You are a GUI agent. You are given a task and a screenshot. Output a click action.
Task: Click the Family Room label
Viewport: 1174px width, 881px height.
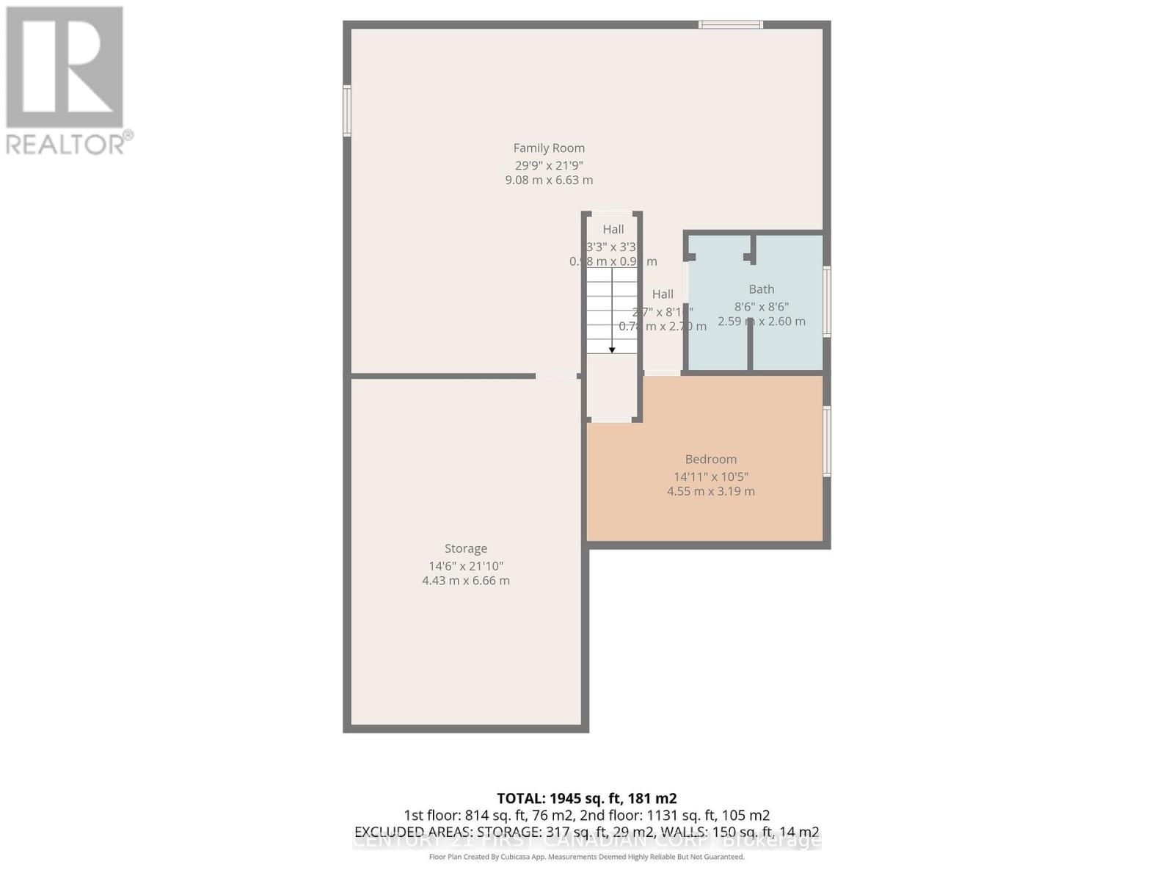[x=549, y=148]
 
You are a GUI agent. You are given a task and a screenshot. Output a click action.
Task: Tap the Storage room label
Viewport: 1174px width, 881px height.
[x=465, y=548]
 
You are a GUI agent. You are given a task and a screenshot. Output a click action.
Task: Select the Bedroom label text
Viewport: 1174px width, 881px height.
[x=710, y=460]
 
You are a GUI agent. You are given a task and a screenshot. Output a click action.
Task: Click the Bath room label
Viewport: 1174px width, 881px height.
[x=761, y=289]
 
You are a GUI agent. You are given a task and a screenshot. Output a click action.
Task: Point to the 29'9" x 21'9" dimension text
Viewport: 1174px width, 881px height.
[x=549, y=166]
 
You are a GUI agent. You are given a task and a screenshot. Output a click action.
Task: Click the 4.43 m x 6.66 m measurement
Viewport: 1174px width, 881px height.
[x=465, y=581]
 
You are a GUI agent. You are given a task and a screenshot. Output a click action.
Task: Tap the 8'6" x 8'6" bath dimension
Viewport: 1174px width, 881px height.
[x=761, y=307]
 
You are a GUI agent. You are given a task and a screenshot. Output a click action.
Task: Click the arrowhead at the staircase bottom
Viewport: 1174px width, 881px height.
[x=612, y=350]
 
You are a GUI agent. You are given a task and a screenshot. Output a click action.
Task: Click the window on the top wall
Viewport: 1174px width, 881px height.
[x=730, y=25]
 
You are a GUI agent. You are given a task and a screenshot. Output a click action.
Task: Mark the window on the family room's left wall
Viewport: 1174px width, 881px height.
[x=347, y=111]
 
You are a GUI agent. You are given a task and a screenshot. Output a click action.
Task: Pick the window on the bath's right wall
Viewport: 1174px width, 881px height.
[x=827, y=301]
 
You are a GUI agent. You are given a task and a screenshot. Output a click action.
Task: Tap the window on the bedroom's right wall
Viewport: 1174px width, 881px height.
[x=827, y=441]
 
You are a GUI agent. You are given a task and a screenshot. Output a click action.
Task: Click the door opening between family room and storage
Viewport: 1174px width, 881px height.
[x=556, y=376]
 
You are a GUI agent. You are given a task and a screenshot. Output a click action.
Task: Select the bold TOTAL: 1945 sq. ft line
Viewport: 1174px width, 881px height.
[x=586, y=798]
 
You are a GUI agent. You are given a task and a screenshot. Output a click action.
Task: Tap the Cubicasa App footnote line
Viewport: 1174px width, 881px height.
[x=586, y=857]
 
